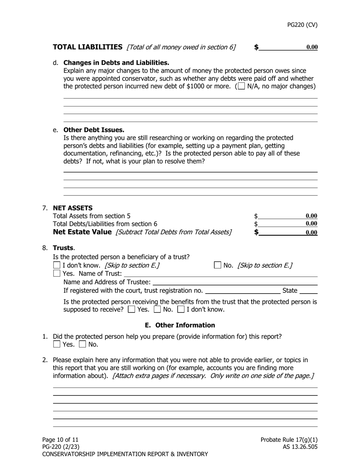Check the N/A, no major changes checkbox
coord(241,86)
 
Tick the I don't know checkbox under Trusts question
coord(57,265)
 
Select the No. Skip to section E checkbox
coord(218,265)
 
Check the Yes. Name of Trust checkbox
coord(57,273)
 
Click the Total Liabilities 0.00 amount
coord(311,47)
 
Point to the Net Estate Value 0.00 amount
coord(311,233)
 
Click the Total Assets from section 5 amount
coord(311,216)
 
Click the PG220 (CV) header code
coord(302,25)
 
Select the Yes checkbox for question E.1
coord(57,344)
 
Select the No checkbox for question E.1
coord(82,344)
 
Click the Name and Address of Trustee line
coord(235,282)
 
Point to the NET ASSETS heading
coord(72,208)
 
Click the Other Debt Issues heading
coord(94,130)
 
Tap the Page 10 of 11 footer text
coord(60,440)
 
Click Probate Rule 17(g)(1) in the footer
coord(289,440)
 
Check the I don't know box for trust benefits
coord(181,310)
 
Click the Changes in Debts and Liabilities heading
coord(116,63)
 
